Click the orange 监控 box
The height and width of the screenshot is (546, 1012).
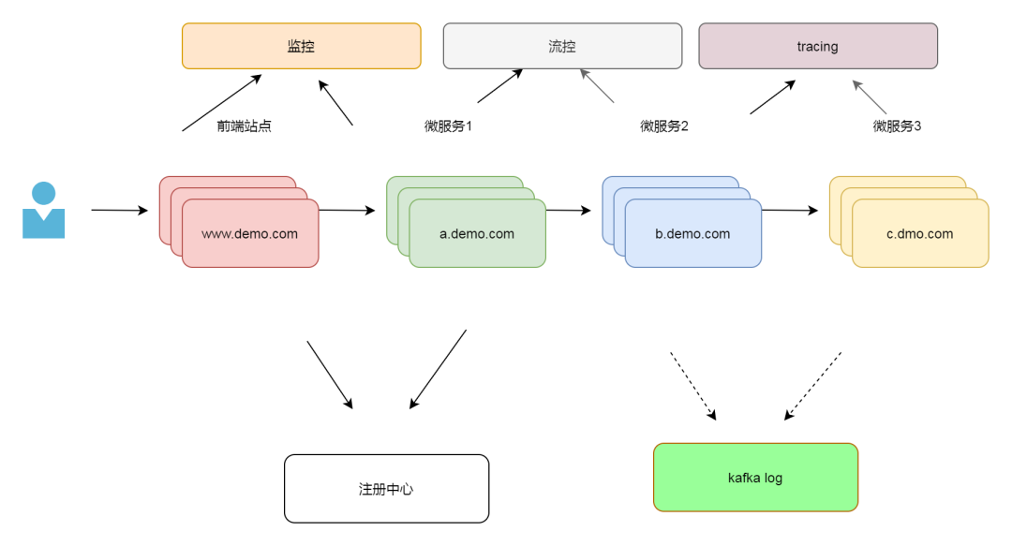click(301, 46)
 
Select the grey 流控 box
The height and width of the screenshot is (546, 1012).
click(562, 46)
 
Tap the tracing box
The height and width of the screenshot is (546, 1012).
click(817, 46)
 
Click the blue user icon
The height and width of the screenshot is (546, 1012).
click(43, 211)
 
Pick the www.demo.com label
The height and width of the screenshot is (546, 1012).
click(249, 234)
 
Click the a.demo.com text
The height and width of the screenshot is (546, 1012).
click(477, 234)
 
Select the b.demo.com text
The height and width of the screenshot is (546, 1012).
click(692, 234)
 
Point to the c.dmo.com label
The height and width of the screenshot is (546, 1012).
click(919, 234)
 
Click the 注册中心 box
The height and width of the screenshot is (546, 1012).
click(386, 489)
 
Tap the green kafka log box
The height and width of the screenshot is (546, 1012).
click(755, 478)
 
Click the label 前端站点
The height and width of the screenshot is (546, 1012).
click(245, 126)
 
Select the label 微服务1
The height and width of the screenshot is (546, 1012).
click(448, 126)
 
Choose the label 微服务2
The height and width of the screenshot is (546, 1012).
click(664, 126)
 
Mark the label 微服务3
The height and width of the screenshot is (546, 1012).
click(897, 126)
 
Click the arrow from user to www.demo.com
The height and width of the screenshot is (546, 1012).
click(119, 211)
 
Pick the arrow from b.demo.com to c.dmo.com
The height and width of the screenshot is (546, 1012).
click(789, 211)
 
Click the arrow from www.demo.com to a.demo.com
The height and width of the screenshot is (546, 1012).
click(347, 211)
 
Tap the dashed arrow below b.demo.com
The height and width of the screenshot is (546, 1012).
click(692, 385)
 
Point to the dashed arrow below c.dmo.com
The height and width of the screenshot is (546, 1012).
click(813, 385)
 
